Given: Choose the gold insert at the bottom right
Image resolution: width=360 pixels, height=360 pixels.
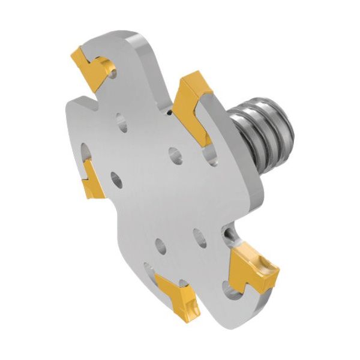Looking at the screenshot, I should tap(252, 267).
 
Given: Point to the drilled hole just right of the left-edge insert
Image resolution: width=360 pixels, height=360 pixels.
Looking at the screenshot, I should tap(115, 178).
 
